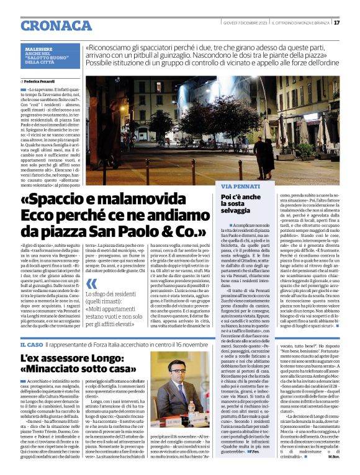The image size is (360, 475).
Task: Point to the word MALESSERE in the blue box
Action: pos(39,48)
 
